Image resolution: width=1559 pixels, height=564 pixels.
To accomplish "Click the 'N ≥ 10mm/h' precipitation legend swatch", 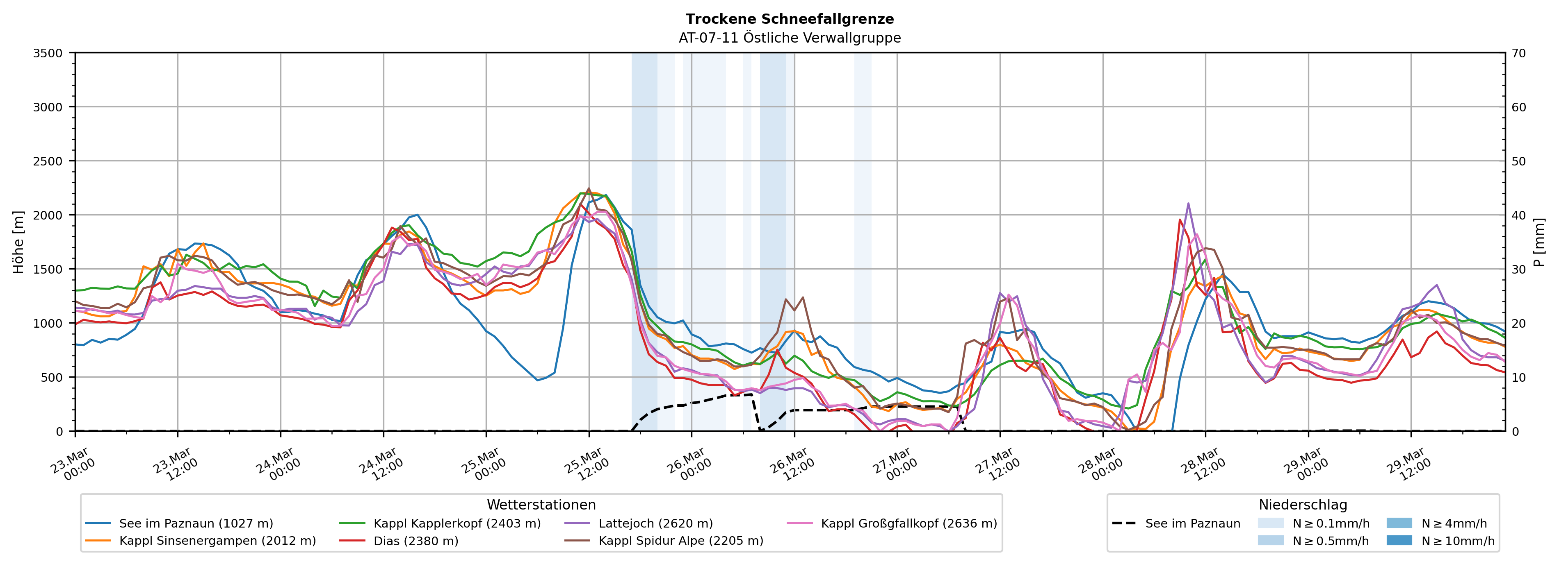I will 1399,540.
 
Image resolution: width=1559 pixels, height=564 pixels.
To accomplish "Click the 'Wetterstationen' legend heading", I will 541,505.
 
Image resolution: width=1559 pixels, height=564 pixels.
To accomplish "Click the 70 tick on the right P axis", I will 1519,53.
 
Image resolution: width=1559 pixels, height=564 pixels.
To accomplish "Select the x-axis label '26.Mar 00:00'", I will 689,464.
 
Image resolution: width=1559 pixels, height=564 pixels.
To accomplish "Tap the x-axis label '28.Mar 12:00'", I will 1203,464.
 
